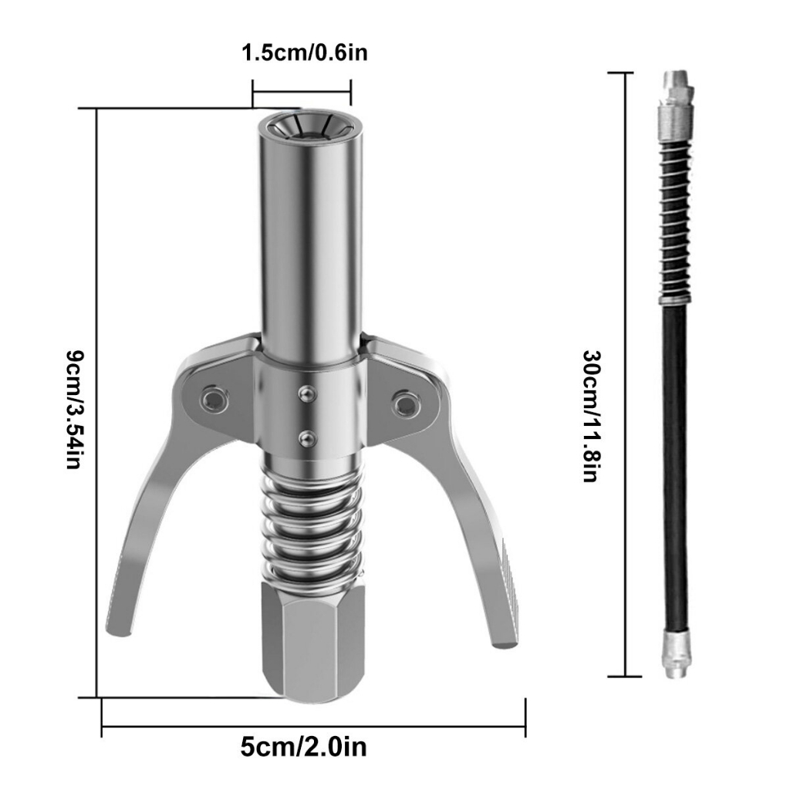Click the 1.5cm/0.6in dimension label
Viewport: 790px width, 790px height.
pos(305,52)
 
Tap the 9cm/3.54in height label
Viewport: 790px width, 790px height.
pos(75,410)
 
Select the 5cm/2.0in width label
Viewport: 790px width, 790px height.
pos(303,747)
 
